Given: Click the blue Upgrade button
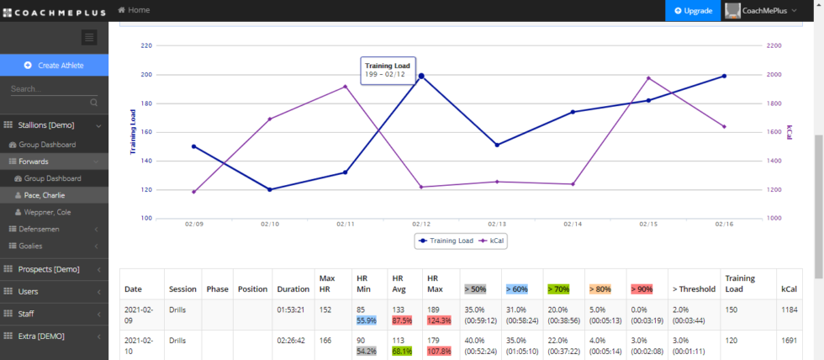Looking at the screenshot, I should pos(693,11).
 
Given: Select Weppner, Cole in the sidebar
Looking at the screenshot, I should pos(48,212).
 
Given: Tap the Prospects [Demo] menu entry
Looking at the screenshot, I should pos(49,269).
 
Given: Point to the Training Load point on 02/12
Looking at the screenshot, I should pos(420,76).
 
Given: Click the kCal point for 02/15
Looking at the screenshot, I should pos(648,78).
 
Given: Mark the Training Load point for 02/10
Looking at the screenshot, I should pos(270,189).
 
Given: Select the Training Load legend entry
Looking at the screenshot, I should pos(446,241).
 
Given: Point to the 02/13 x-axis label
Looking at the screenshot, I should pos(497,224).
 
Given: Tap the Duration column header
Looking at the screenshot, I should pos(293,289).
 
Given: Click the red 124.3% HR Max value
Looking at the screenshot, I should pos(440,320).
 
